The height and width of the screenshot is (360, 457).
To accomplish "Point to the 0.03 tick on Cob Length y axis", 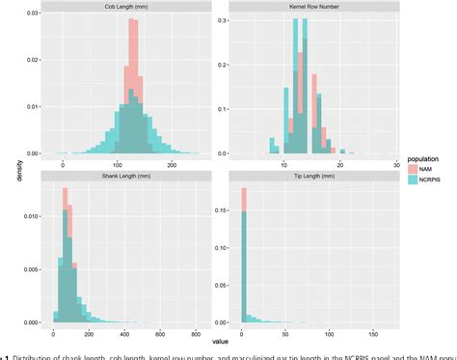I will coord(32,14).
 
